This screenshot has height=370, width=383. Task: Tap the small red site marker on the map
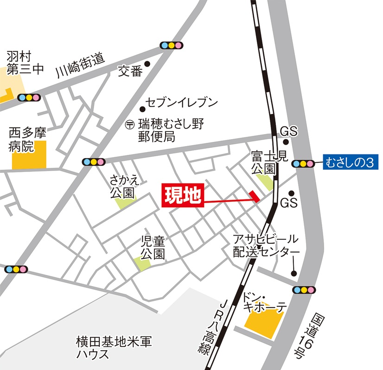point(254,196)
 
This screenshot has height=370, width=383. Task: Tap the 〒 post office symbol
point(130,124)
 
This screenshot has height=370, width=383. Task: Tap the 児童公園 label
point(153,248)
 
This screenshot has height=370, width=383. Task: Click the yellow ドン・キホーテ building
point(263,320)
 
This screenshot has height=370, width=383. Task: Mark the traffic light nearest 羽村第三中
point(29,98)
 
